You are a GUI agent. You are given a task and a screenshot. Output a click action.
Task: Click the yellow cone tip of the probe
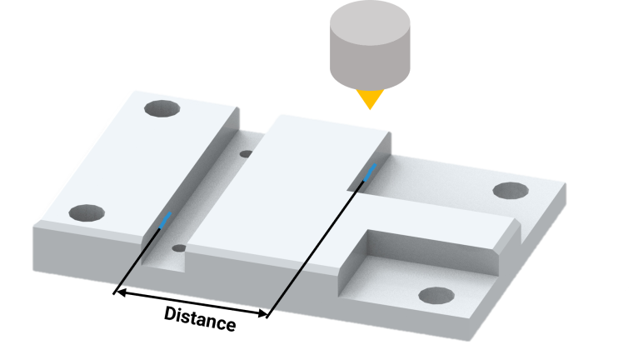pos(370,98)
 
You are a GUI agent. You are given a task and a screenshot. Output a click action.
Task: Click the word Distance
pos(200,319)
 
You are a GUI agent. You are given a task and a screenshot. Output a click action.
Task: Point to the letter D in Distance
pos(171,313)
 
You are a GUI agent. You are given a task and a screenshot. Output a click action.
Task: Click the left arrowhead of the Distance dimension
pos(119,292)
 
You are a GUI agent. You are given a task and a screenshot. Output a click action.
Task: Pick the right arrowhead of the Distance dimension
pos(262,312)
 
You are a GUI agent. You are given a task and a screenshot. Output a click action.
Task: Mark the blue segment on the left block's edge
pos(166,220)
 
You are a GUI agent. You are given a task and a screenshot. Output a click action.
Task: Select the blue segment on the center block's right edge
pos(370,172)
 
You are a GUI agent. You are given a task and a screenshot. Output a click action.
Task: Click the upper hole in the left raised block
pos(162,108)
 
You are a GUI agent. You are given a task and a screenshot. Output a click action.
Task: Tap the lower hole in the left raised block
pos(87,213)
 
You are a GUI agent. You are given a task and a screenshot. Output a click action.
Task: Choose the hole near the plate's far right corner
pos(511,191)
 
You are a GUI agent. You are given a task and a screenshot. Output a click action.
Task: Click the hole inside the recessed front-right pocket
pos(436,295)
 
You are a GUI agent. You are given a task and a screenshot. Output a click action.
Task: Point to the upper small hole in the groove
pos(247,154)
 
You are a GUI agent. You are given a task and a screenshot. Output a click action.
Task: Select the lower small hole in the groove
pos(179,248)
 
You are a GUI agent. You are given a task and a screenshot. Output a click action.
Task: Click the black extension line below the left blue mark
pos(137,261)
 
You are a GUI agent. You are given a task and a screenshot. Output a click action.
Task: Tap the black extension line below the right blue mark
pos(315,249)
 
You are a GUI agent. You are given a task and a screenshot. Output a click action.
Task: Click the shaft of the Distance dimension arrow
pos(191,302)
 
